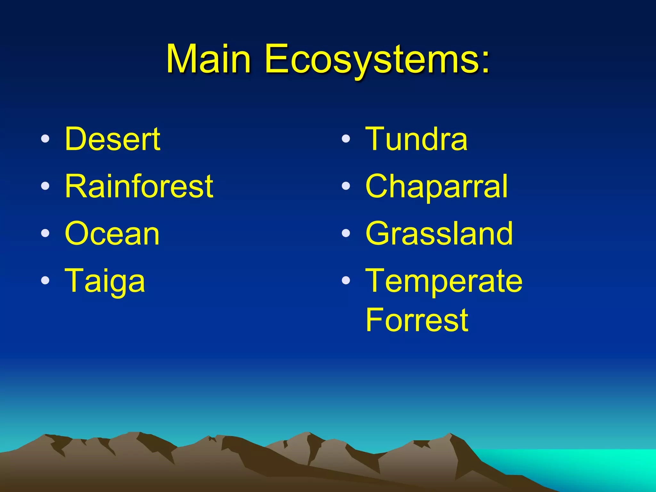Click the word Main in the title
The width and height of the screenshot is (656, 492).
point(208,59)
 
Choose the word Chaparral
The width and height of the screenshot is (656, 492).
point(436,187)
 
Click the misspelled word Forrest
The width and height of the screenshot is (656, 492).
point(416,320)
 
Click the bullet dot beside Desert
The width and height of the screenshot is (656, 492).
point(45,139)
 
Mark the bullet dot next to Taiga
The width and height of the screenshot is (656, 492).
point(45,280)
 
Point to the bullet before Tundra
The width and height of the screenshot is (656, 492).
point(346,139)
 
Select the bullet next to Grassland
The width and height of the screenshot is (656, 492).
point(346,233)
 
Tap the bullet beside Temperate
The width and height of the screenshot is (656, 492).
point(346,280)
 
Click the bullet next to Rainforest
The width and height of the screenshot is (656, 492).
point(45,186)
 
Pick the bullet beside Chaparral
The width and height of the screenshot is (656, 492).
point(346,186)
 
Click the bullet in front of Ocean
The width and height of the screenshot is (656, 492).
point(45,233)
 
